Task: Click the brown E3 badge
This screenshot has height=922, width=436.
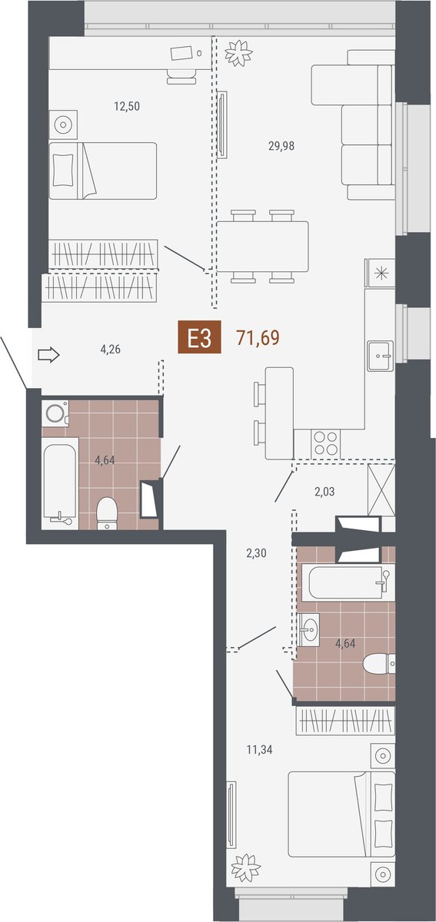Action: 199,337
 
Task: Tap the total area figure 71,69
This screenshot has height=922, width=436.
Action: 258,337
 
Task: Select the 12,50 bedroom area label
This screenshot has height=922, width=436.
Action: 127,107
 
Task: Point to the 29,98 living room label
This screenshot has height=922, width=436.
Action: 281,146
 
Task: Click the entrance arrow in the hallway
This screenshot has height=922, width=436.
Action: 49,354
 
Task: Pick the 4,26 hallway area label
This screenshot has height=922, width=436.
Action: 111,350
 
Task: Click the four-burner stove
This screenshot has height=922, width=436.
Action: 326,443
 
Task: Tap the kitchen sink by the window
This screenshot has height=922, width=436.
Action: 381,356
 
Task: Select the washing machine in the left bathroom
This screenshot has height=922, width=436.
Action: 55,413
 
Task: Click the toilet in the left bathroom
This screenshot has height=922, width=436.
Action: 107,513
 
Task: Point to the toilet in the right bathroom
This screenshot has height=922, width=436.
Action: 379,663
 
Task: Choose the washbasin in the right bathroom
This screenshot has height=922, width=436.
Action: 308,630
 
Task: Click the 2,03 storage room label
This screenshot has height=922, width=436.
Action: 325,492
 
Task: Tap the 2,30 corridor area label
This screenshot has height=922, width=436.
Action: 256,553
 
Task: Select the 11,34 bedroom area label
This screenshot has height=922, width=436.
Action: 260,750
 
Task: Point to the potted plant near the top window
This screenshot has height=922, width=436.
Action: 238,53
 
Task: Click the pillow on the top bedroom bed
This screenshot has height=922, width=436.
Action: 64,170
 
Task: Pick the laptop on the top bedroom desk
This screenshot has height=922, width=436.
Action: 181,53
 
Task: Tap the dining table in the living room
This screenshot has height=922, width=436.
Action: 262,247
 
